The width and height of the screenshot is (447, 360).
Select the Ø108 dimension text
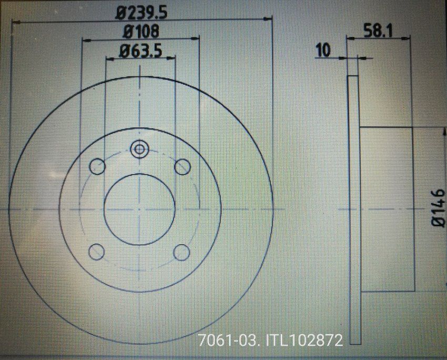(140, 32)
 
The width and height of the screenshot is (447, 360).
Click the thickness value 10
(323, 51)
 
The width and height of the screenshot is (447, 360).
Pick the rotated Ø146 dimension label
(438, 209)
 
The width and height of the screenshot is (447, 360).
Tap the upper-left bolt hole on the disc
(97, 167)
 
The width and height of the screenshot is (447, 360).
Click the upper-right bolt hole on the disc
(182, 167)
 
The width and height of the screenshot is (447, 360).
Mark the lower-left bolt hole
(96, 252)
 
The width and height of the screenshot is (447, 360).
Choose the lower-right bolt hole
(182, 252)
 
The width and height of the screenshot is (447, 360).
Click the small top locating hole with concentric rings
(139, 149)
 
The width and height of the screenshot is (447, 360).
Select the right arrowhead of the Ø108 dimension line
(197, 38)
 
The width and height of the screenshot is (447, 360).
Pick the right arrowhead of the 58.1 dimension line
(407, 37)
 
